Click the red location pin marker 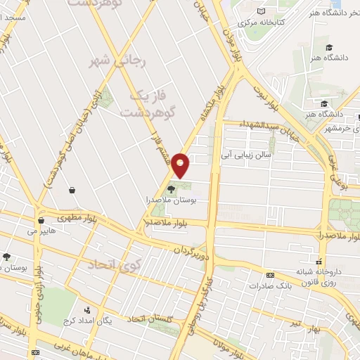(x=181, y=165)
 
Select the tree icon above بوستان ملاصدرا (x=172, y=188)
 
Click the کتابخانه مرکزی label (x=260, y=22)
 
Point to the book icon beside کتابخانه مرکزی (x=262, y=11)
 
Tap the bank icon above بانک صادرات (x=270, y=275)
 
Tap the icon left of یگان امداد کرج (x=86, y=310)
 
